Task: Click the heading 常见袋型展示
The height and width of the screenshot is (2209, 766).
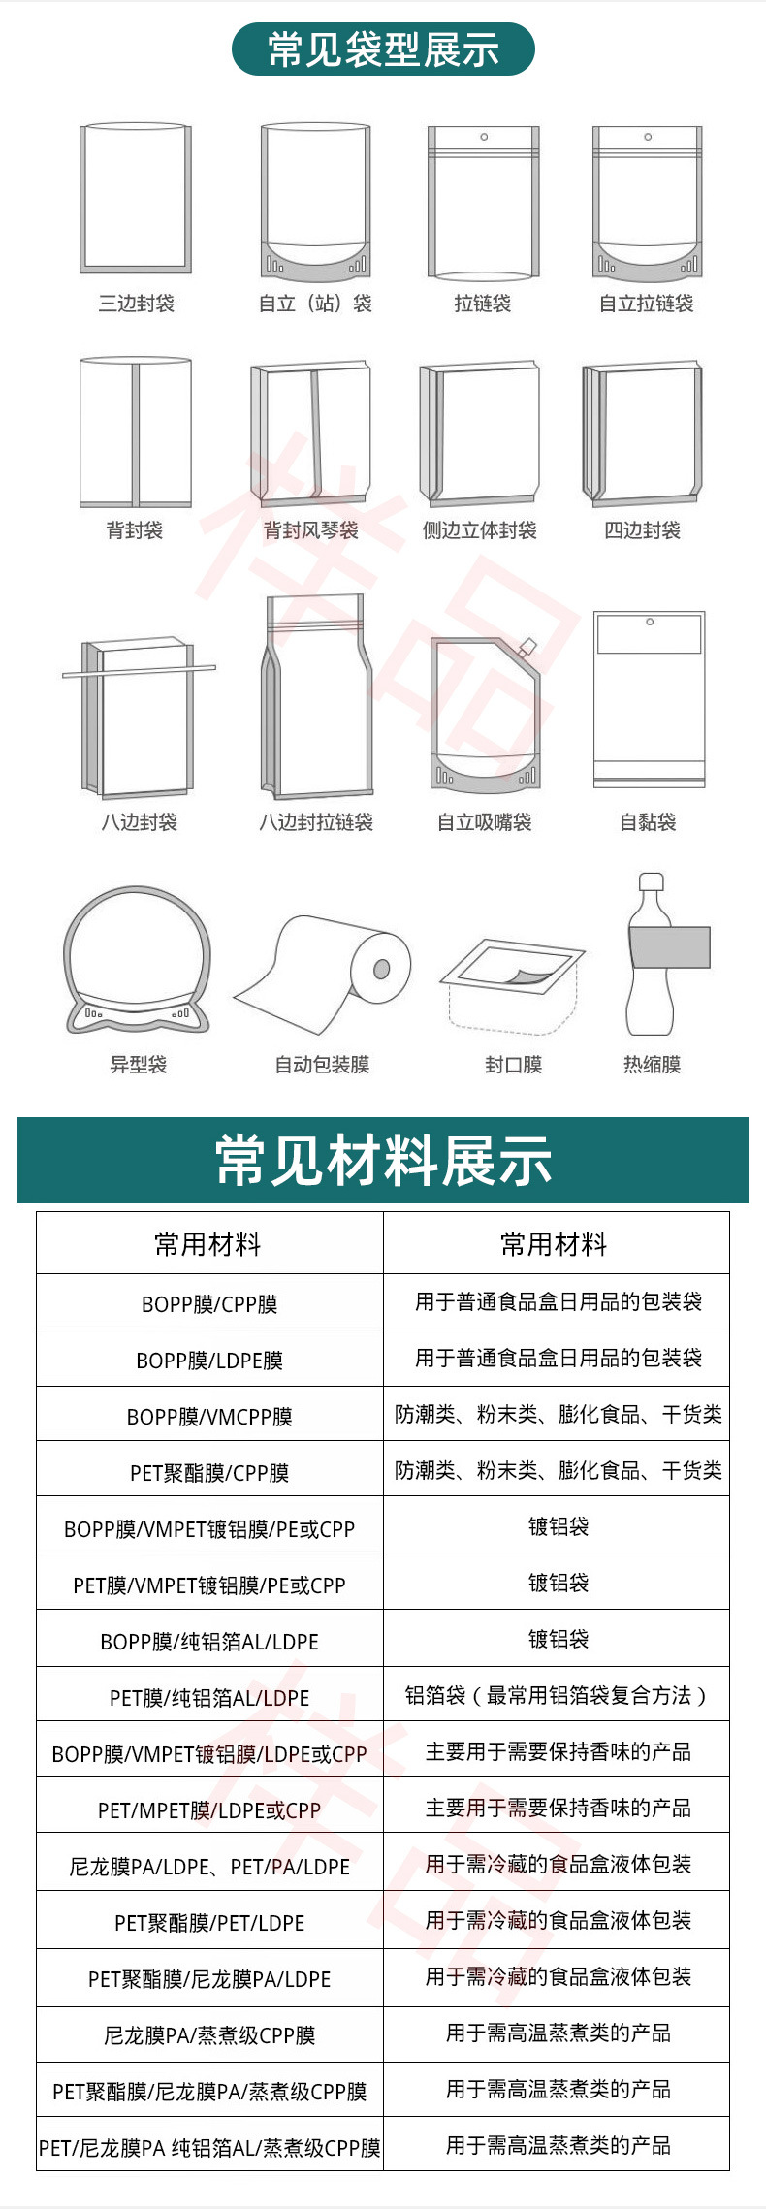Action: click(x=383, y=49)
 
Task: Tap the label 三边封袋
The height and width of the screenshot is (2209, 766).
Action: click(x=136, y=304)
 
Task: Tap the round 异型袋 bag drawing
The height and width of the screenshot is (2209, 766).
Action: click(x=138, y=960)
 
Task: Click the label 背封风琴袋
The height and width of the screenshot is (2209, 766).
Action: click(x=310, y=530)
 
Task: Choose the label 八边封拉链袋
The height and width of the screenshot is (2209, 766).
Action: click(x=315, y=822)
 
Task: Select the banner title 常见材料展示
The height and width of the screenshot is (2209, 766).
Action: click(x=383, y=1160)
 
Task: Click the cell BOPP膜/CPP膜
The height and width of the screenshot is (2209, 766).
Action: click(x=209, y=1304)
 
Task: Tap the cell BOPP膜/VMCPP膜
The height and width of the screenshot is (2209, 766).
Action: click(x=209, y=1417)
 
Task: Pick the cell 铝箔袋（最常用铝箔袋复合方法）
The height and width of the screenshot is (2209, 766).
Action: click(x=557, y=1695)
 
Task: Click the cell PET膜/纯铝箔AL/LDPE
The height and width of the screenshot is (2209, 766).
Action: click(x=209, y=1698)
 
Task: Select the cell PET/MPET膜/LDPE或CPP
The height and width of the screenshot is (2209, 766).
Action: click(x=209, y=1810)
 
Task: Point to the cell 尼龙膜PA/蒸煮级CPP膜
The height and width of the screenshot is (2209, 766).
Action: click(x=209, y=2035)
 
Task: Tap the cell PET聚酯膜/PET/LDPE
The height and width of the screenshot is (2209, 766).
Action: click(x=209, y=1923)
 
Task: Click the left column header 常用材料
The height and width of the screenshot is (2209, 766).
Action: click(x=208, y=1244)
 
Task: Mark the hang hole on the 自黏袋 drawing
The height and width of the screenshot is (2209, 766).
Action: click(x=650, y=622)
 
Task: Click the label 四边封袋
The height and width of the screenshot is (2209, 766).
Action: click(x=642, y=530)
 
